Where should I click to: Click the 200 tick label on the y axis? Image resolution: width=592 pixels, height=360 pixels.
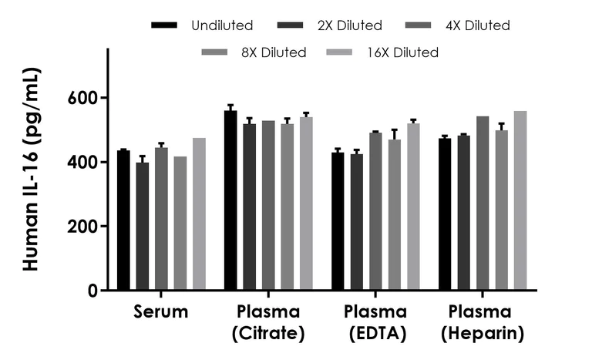[x=86, y=227]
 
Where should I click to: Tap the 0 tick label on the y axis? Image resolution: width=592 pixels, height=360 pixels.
[x=93, y=291]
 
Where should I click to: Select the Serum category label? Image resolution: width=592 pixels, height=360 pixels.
[x=161, y=312]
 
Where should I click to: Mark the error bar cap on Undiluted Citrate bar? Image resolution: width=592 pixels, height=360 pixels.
[x=230, y=105]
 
